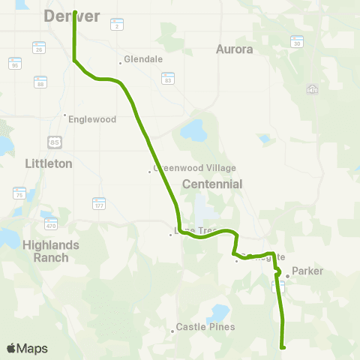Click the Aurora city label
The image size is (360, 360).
[x=235, y=49]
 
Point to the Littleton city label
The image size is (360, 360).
[x=48, y=163]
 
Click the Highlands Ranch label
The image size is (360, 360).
[x=46, y=250]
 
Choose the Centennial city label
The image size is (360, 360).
[x=212, y=184]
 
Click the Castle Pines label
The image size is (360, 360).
[x=205, y=327]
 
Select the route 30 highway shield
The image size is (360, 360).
[x=297, y=44]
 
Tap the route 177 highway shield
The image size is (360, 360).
[x=99, y=204]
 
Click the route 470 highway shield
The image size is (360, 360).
[x=51, y=224]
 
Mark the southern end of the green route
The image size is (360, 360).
[x=283, y=346]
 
